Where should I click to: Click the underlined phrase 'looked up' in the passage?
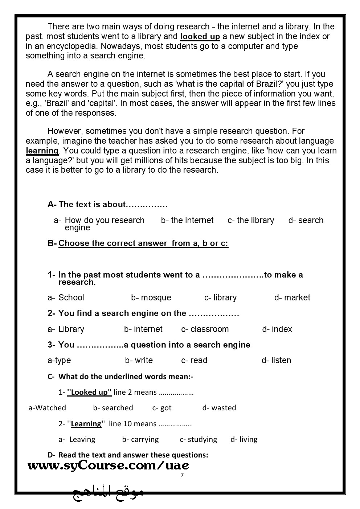200,37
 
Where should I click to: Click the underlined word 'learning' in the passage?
42,151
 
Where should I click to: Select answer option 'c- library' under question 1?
220,298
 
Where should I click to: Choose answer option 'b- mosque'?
151,298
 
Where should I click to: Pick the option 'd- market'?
292,298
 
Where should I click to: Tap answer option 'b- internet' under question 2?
143,329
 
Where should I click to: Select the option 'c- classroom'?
205,329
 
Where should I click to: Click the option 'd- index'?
277,329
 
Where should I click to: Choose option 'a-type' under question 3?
59,361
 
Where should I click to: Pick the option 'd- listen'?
276,361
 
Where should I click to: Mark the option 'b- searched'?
113,408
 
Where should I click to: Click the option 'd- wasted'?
219,408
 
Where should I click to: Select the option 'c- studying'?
198,439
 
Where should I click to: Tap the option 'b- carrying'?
140,439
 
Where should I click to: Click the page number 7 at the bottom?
182,476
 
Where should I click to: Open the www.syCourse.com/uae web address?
108,465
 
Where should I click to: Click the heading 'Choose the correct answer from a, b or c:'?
143,243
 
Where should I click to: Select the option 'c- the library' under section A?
251,221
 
